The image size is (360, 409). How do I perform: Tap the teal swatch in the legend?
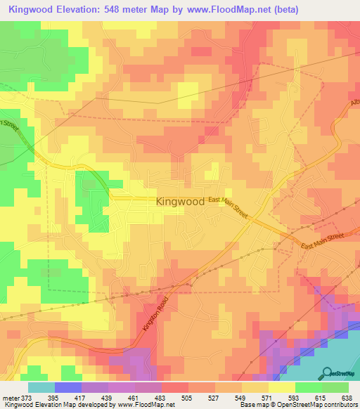click(41, 387)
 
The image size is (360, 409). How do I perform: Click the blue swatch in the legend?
click(68, 387)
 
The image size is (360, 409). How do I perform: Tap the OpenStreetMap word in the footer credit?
click(315, 405)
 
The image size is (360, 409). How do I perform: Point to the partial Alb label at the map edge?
click(353, 106)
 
